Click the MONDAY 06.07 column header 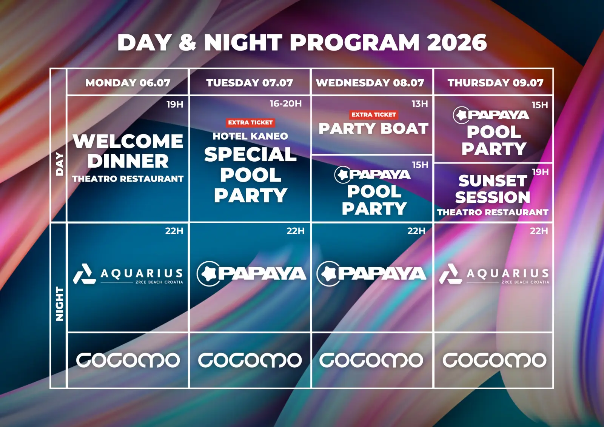[x=128, y=83]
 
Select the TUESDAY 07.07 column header [x=250, y=83]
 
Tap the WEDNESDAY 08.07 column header [x=370, y=83]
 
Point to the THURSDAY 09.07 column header [x=495, y=83]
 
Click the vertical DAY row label [x=59, y=164]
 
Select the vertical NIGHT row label [x=59, y=304]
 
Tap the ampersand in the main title [x=187, y=43]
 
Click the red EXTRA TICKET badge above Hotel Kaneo [x=250, y=122]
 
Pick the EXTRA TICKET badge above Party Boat [x=373, y=115]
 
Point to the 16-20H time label [x=285, y=103]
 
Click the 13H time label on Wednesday [x=419, y=103]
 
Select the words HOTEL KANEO [x=250, y=136]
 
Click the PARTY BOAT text [x=373, y=128]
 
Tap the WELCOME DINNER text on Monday [x=128, y=151]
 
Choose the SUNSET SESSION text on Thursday [x=493, y=189]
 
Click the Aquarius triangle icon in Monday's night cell [x=85, y=274]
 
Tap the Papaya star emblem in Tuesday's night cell [x=208, y=273]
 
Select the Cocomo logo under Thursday [x=494, y=360]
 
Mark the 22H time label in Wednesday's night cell [x=416, y=231]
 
